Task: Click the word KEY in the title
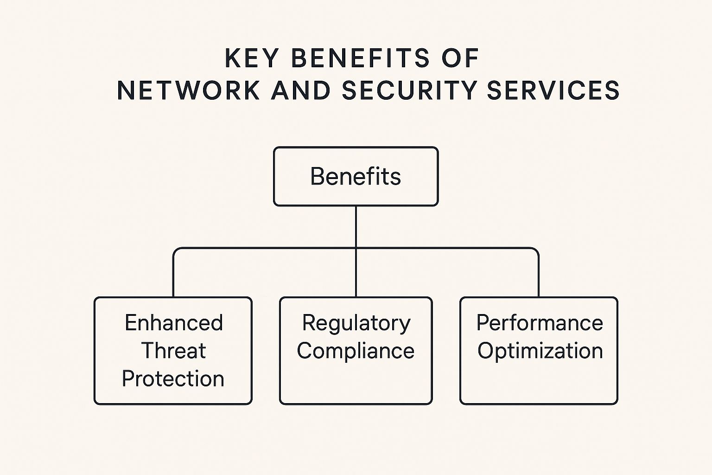252,59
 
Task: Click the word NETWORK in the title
188,90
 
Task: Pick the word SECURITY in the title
409,90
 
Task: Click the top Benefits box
356,176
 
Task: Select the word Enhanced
174,323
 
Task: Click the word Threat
173,351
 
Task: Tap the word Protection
173,379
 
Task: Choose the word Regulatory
356,323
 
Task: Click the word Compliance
356,351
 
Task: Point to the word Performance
540,323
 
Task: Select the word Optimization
540,351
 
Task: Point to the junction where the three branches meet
356,248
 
